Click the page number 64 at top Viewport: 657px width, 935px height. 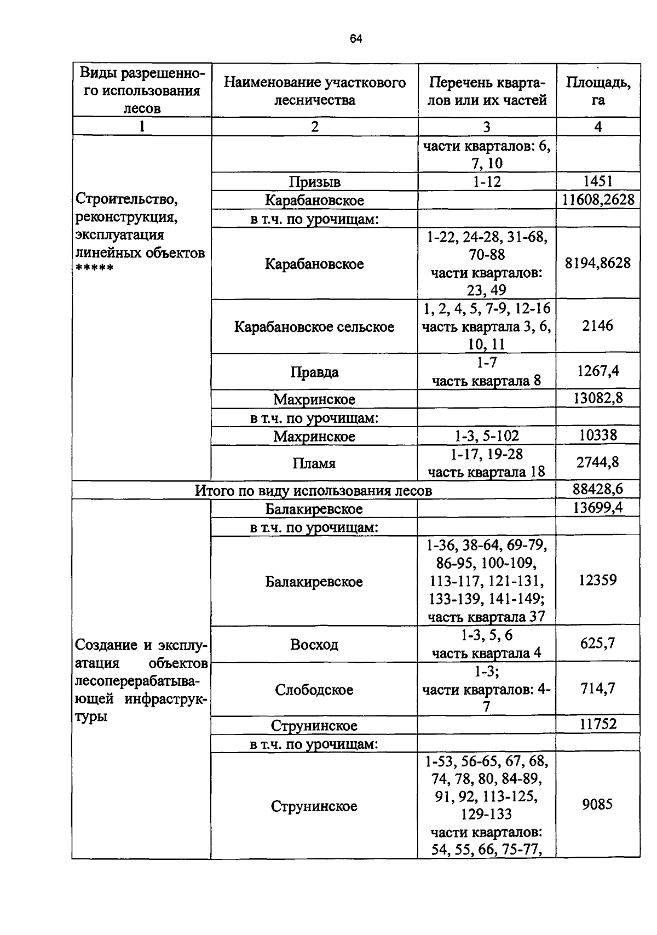[356, 39]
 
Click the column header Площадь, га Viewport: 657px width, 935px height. [598, 91]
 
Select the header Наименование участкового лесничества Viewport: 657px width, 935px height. [315, 91]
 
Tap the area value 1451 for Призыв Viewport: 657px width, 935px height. [598, 181]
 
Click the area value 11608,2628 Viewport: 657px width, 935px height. [598, 199]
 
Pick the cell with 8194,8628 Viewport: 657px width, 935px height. [598, 263]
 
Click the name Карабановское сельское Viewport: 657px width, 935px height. [314, 327]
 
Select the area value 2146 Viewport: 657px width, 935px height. [598, 326]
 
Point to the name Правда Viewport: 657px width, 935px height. [314, 372]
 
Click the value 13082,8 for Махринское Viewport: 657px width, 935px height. [598, 398]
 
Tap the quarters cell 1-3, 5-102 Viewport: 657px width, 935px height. [487, 436]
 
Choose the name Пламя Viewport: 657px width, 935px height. [314, 463]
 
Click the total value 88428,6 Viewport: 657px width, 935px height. [598, 489]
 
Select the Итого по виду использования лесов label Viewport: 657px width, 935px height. [314, 491]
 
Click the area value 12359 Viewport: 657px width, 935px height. [598, 580]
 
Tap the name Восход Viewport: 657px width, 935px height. [314, 645]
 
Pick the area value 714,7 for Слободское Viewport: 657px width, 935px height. [598, 689]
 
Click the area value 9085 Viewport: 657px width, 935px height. [598, 805]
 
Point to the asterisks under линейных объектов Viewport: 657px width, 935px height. [94, 269]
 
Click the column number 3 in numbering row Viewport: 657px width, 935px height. [487, 127]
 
